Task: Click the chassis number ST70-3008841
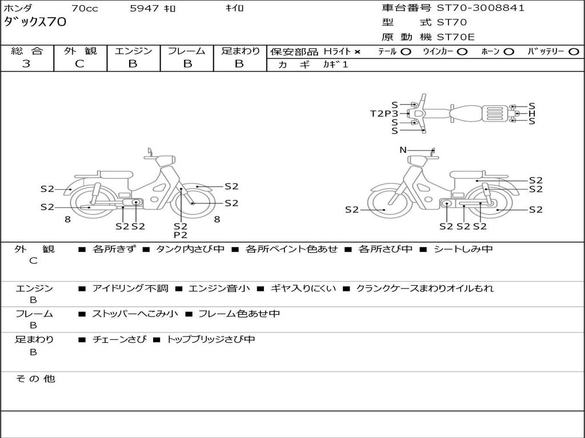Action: click(x=480, y=8)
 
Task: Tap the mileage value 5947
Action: click(x=145, y=9)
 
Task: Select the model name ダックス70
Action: click(x=35, y=22)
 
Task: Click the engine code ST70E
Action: click(x=455, y=37)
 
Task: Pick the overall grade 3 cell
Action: click(x=26, y=64)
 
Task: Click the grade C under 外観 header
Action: click(x=80, y=64)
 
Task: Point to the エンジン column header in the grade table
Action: click(x=133, y=51)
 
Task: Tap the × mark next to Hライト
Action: click(x=358, y=52)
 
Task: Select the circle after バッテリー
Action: click(x=574, y=52)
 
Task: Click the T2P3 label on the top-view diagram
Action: click(x=384, y=113)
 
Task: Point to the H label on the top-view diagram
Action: click(x=532, y=113)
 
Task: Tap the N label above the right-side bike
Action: click(x=403, y=150)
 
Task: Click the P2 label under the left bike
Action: click(x=181, y=235)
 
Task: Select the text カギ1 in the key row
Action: click(x=335, y=64)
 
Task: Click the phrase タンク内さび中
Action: click(x=190, y=249)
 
